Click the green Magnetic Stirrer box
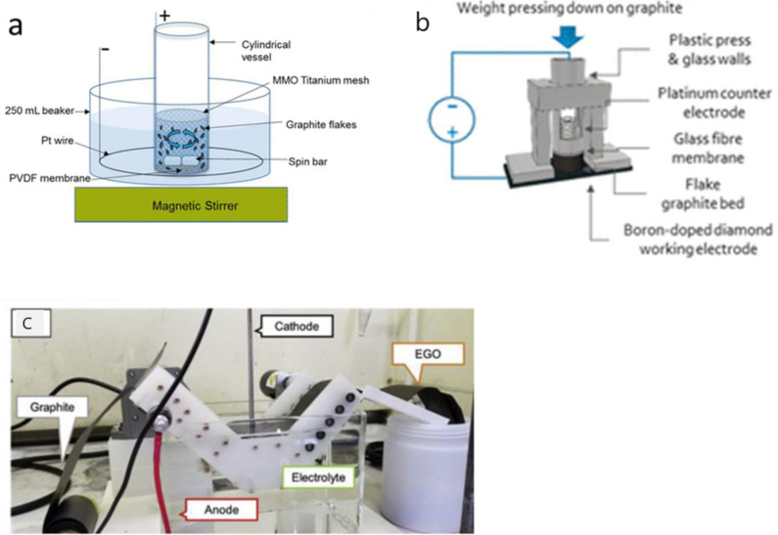(181, 204)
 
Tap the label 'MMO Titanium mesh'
(321, 80)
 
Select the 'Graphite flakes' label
(321, 124)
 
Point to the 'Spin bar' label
(307, 161)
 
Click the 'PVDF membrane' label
(50, 177)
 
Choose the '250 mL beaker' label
(39, 111)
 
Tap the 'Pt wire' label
(57, 140)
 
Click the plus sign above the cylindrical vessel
(164, 16)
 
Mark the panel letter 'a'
(16, 26)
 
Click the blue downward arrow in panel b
(569, 37)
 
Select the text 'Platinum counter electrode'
(714, 103)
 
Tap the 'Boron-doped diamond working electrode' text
(698, 239)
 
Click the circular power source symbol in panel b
(452, 119)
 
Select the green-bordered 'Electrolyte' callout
(319, 477)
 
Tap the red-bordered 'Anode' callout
(222, 510)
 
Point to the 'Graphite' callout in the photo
(52, 408)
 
